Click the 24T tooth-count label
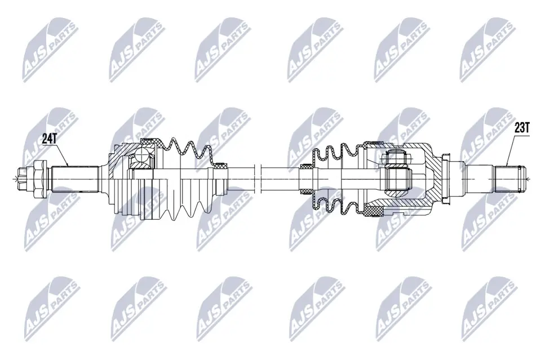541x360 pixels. (50, 139)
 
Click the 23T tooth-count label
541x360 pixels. (522, 128)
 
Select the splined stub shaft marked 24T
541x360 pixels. (75, 179)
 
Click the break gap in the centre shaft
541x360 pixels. (258, 179)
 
